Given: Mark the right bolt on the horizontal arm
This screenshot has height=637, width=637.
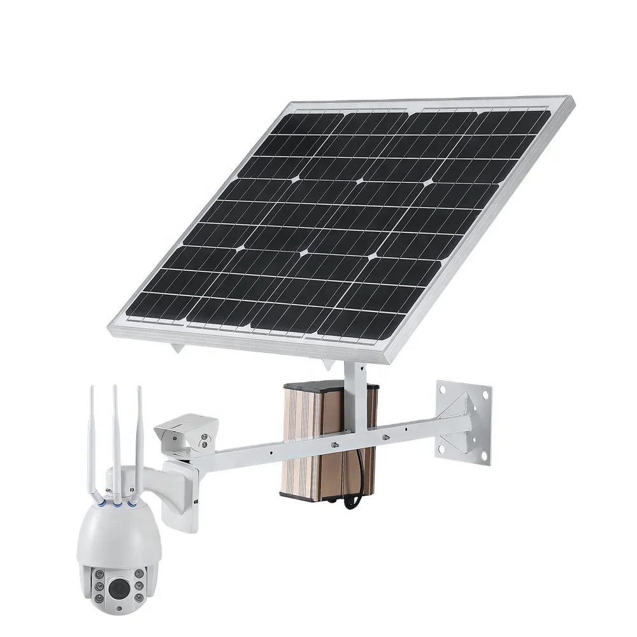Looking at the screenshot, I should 385,437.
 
